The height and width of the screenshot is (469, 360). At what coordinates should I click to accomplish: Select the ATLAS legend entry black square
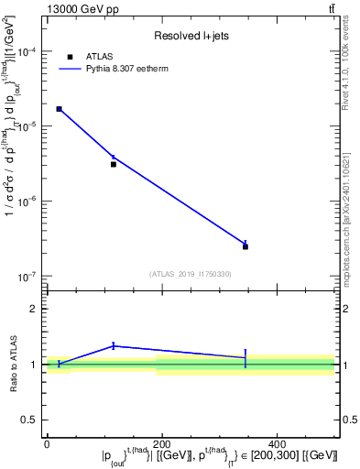[71, 57]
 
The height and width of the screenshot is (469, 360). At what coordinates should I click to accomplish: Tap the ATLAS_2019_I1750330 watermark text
[191, 273]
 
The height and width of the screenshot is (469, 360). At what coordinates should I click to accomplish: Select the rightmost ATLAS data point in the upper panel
[245, 246]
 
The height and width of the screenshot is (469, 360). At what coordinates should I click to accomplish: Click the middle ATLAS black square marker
[114, 164]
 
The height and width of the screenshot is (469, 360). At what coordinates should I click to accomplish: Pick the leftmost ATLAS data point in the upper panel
[60, 109]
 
